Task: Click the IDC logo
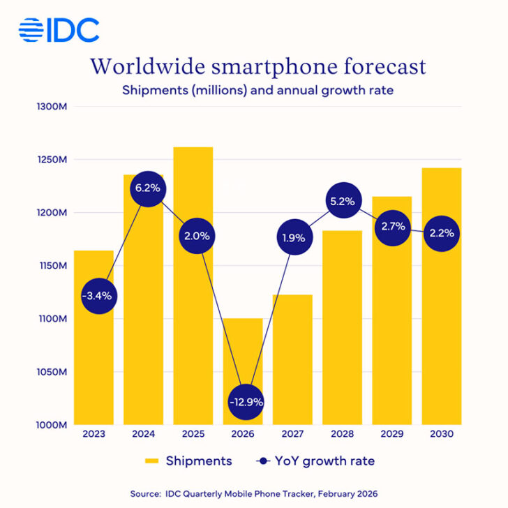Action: point(59,29)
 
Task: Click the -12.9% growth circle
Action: point(244,402)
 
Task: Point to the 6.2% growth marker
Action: point(144,188)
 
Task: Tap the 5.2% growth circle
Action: point(343,202)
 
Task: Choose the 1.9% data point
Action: point(293,237)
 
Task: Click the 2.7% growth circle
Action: point(392,227)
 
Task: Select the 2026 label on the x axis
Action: point(243,435)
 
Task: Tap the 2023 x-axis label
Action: point(94,435)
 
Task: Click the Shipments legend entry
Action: point(188,461)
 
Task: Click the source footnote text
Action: point(254,493)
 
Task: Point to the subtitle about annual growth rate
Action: point(254,90)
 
